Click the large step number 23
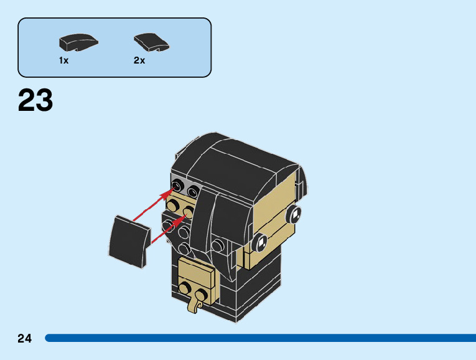35,101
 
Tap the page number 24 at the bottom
25,339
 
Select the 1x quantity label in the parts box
63,60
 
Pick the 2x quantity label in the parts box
139,60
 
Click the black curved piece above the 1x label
78,42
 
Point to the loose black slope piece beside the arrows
129,239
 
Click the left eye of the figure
262,240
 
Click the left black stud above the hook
185,287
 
